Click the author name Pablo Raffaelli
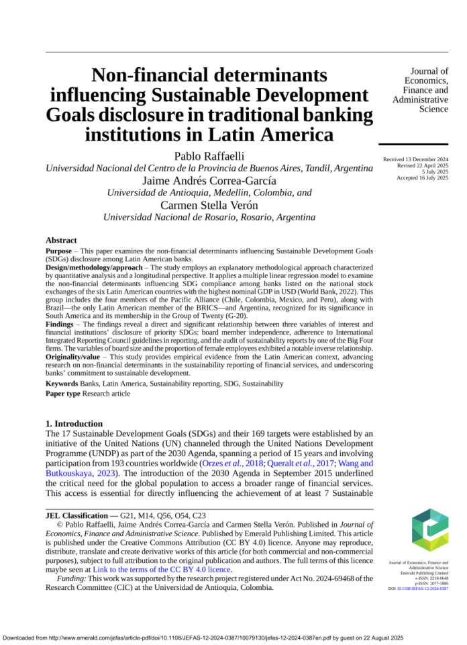click(209, 156)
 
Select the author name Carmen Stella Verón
click(209, 204)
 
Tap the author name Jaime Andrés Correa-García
click(209, 180)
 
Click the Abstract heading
click(61, 241)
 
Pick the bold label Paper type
click(63, 394)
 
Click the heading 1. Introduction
click(74, 424)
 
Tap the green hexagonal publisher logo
click(421, 530)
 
